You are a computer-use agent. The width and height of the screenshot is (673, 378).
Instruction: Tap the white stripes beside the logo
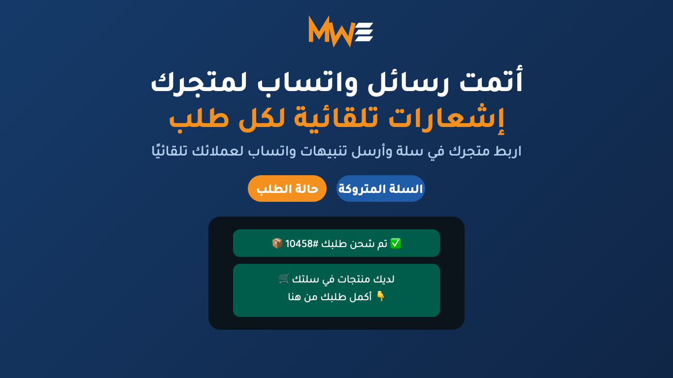click(x=364, y=32)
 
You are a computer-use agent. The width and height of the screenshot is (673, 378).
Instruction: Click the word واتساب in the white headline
click(x=307, y=82)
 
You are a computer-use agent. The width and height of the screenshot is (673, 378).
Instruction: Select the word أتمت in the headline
click(x=491, y=80)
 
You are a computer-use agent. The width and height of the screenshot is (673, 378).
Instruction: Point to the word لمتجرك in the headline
click(x=199, y=82)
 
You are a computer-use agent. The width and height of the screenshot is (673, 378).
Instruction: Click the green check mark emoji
click(x=396, y=243)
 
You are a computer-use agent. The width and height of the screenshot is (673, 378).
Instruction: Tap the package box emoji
click(x=277, y=243)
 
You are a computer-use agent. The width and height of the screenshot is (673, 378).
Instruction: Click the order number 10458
click(x=299, y=244)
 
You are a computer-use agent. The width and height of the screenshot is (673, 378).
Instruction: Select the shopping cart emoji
click(x=284, y=279)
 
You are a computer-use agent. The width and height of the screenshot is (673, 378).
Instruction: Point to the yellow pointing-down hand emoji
click(x=380, y=296)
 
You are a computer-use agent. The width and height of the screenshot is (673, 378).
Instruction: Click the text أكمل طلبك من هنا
click(x=330, y=297)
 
